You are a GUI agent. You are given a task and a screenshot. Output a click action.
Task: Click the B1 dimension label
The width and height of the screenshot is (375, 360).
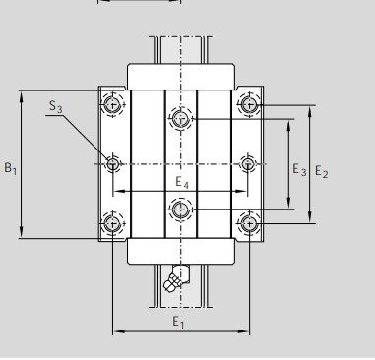[10, 168]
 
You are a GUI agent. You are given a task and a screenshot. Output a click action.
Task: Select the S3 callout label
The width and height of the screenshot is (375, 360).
[56, 106]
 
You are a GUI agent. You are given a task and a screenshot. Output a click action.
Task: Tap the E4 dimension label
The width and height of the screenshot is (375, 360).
[182, 182]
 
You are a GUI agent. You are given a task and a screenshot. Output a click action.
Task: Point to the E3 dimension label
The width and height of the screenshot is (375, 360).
[299, 170]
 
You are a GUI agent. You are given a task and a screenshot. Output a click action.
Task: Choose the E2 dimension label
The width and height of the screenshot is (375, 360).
[322, 171]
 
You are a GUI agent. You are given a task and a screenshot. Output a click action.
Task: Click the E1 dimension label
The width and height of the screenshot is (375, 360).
[178, 322]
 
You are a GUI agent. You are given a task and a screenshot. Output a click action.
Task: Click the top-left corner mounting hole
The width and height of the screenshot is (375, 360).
[112, 104]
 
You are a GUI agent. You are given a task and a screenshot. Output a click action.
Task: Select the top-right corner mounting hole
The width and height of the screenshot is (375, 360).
[249, 104]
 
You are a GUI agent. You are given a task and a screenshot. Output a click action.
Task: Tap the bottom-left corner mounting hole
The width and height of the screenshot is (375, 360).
[112, 223]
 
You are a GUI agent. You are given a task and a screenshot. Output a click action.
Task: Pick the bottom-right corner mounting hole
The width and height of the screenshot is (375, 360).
[249, 223]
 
